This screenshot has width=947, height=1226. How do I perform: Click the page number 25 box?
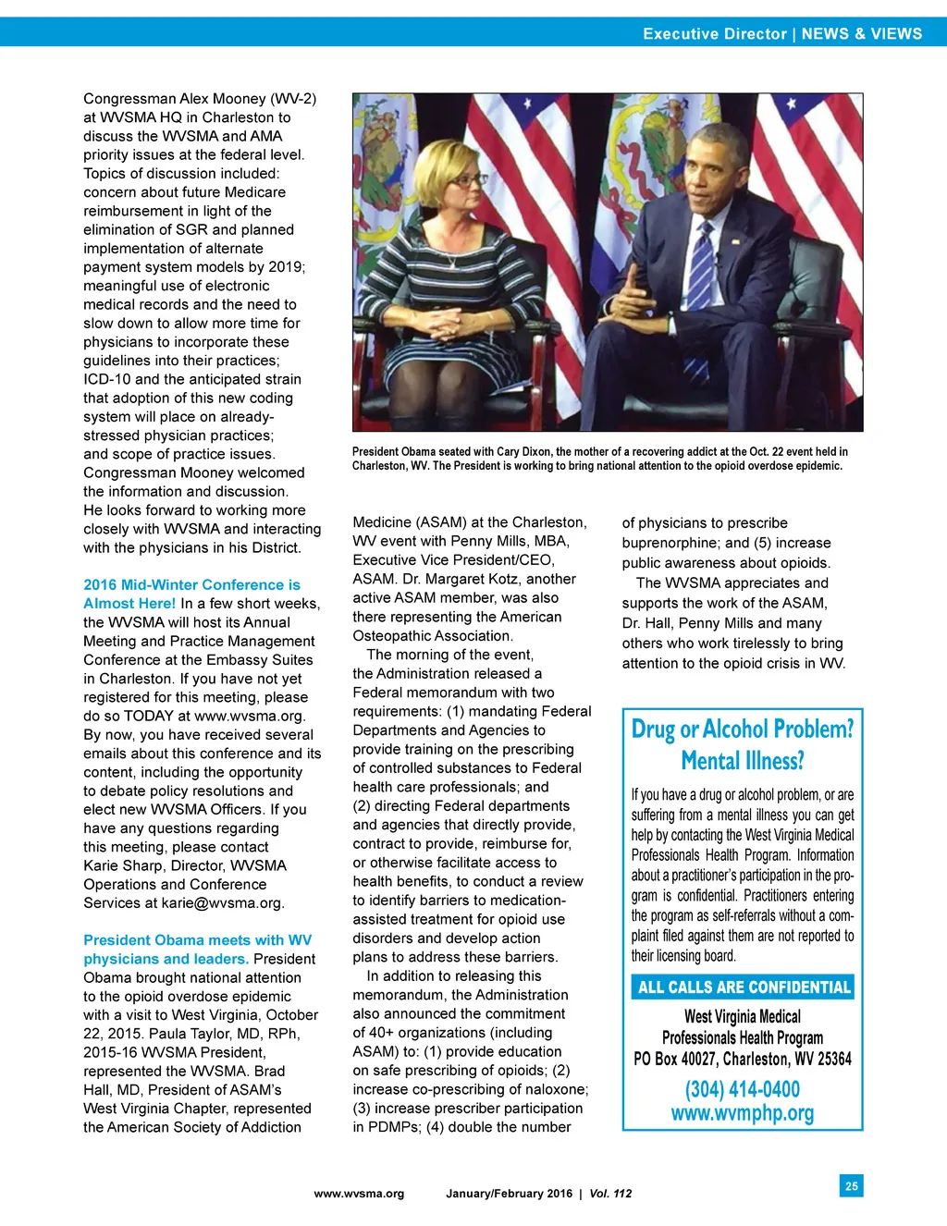tap(851, 1185)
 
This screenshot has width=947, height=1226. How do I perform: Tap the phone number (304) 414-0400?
tap(742, 1089)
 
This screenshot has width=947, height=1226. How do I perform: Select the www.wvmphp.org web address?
tap(742, 1112)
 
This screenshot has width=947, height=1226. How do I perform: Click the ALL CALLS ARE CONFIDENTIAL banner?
tap(743, 987)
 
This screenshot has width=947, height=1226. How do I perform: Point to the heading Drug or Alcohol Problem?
tap(742, 729)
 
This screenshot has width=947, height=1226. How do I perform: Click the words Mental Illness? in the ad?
tap(742, 761)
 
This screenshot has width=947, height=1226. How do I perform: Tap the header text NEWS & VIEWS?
tap(861, 34)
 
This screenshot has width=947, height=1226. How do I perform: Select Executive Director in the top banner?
tap(714, 34)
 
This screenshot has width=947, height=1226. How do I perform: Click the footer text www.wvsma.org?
tap(359, 1194)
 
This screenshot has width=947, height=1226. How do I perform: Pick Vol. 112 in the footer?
tap(610, 1194)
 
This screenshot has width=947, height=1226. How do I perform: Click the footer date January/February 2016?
tap(509, 1194)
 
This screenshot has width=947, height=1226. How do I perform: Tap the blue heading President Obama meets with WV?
tap(197, 939)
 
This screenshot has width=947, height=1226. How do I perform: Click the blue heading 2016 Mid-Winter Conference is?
tap(191, 584)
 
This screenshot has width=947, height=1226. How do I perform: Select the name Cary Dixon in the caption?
tap(523, 452)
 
